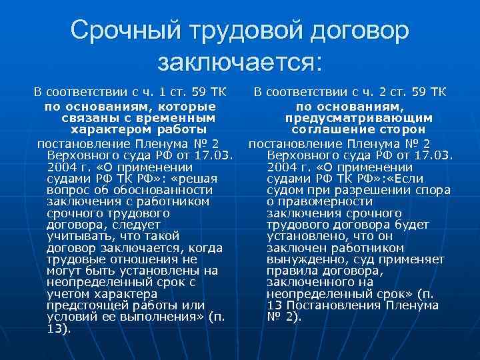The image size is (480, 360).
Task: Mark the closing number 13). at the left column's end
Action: pos(59,328)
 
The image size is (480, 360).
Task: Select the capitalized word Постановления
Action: pos(331,305)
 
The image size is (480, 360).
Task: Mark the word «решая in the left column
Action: pos(194,179)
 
